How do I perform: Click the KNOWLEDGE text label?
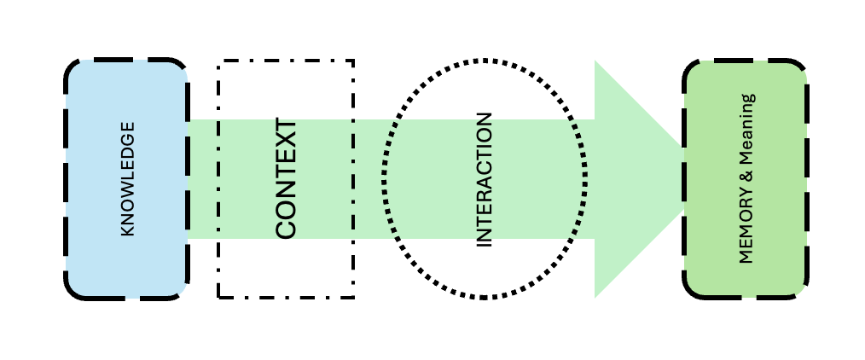coord(128,179)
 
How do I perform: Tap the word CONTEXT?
coord(286,179)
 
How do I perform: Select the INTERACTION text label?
coord(484,179)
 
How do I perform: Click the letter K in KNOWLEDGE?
coord(128,230)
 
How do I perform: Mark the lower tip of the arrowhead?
coord(595,297)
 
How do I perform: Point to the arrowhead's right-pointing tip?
coord(689,179)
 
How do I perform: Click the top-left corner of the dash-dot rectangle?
coord(219,61)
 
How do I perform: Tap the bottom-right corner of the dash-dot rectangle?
coord(353,297)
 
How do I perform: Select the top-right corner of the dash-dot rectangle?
coord(353,61)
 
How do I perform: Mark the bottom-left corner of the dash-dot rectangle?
coord(219,297)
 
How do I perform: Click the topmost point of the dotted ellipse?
coord(485,61)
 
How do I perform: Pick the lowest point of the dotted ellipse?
coord(485,298)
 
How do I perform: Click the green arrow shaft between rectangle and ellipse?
coord(369,179)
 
